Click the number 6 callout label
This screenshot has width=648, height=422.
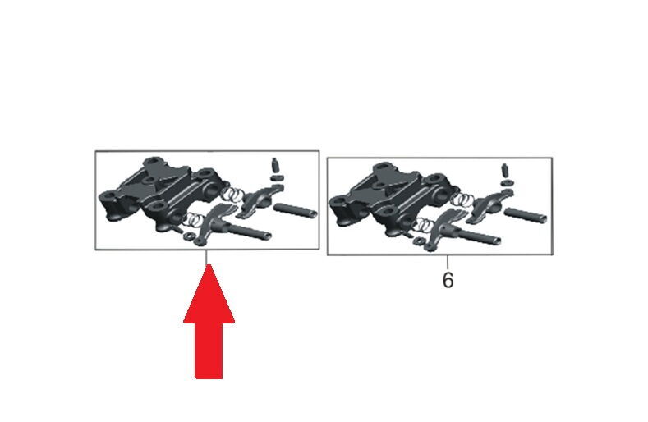(x=448, y=280)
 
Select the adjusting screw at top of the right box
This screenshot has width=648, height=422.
(x=505, y=170)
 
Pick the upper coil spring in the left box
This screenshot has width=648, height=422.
(x=233, y=193)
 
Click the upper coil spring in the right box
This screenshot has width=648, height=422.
(x=463, y=200)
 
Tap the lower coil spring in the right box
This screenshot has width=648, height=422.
(x=425, y=225)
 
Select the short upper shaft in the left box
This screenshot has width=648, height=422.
(x=295, y=209)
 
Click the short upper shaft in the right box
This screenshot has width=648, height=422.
(x=526, y=215)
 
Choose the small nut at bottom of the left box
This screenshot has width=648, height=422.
(x=189, y=236)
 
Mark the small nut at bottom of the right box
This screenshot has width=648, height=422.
(x=419, y=241)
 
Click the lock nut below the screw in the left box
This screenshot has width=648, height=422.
(x=277, y=177)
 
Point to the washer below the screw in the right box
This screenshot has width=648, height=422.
(x=506, y=183)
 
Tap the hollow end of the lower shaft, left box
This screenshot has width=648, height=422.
(x=267, y=236)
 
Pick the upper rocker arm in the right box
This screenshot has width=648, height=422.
(x=489, y=204)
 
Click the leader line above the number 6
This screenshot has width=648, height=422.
(x=448, y=263)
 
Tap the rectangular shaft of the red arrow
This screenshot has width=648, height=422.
(x=209, y=351)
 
